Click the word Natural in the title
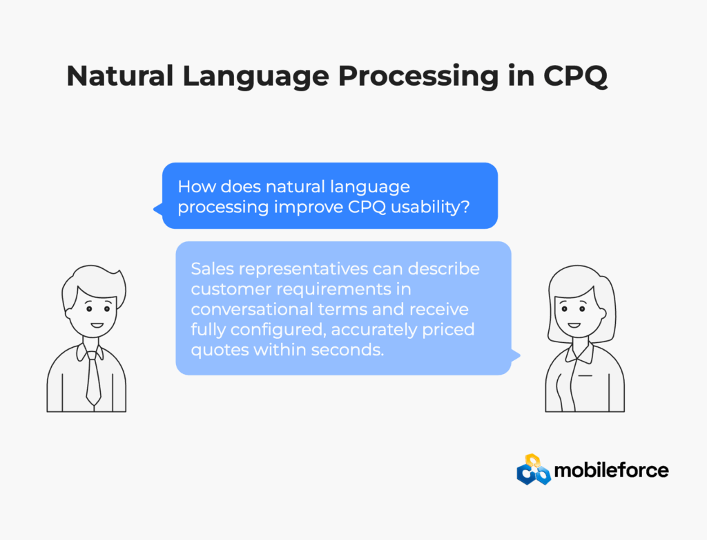120,75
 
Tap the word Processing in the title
418,76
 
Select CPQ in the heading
575,76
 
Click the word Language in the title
255,76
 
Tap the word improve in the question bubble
309,207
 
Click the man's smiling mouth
97,325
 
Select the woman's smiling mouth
574,325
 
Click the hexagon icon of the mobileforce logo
534,469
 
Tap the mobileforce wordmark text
612,470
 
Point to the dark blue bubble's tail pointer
158,209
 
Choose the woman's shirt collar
580,353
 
